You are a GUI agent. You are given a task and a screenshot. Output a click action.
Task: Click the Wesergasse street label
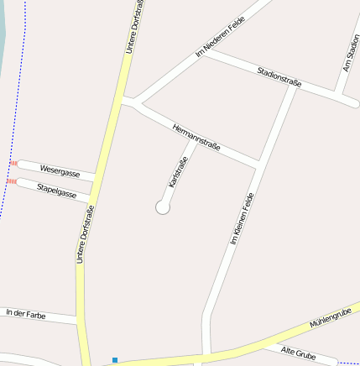pos(60,173)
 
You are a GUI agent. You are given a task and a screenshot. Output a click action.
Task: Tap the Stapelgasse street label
pos(57,191)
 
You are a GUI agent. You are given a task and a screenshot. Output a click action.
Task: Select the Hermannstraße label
pos(196,137)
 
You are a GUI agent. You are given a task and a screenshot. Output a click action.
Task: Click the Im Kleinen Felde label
pos(242,217)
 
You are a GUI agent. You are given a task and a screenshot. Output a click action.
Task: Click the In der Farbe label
pos(26,313)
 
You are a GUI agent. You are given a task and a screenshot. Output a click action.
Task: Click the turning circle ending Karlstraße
pos(163,207)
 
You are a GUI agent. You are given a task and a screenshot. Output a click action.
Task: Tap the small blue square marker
pos(115,360)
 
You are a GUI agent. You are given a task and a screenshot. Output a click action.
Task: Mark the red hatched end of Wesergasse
pos(14,163)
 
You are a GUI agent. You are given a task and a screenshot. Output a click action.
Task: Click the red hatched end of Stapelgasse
pos(11,180)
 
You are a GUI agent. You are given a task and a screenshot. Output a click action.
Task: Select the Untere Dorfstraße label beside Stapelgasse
pos(84,235)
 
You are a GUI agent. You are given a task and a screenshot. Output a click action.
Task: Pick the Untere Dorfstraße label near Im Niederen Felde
pos(134,27)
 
